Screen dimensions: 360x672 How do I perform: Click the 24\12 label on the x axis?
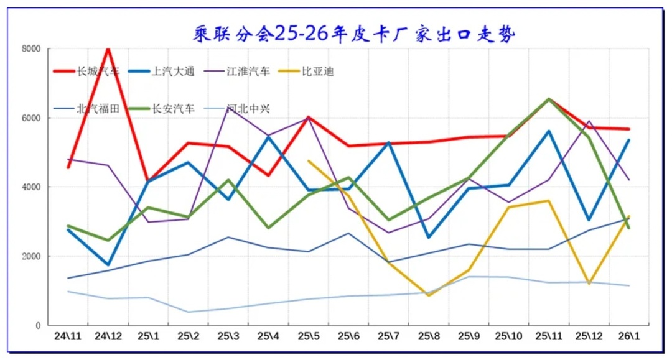(108, 336)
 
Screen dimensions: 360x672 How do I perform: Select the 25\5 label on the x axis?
(309, 336)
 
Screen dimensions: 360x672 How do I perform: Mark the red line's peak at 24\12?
(108, 48)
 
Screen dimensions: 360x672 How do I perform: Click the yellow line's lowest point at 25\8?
(429, 295)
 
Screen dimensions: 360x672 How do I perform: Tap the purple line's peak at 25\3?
(229, 108)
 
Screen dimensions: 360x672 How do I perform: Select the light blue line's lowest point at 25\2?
(189, 312)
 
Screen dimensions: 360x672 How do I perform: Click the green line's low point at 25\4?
(269, 228)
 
